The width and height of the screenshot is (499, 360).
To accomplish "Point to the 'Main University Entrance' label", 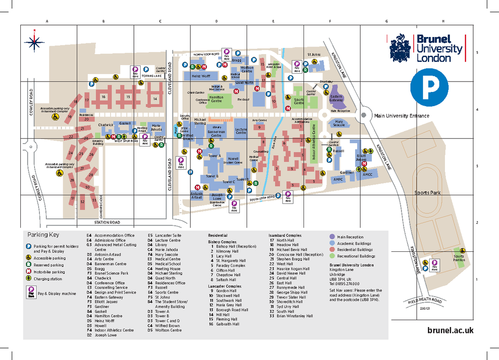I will click(401, 116).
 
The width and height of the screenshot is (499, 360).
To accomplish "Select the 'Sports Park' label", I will click(427, 193).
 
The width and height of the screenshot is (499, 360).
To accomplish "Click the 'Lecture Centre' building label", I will click(241, 131).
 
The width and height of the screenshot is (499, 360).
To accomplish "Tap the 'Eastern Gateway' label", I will click(336, 98).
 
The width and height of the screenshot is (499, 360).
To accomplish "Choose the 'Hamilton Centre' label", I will click(216, 99).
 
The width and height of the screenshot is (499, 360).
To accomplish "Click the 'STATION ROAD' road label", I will click(107, 222).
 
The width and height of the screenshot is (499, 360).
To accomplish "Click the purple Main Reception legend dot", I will click(332, 237).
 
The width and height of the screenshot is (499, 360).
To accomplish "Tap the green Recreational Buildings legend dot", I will click(332, 256).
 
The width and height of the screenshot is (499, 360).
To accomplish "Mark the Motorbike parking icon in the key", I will click(29, 272).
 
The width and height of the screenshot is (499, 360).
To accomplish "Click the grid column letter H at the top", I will click(443, 21).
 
